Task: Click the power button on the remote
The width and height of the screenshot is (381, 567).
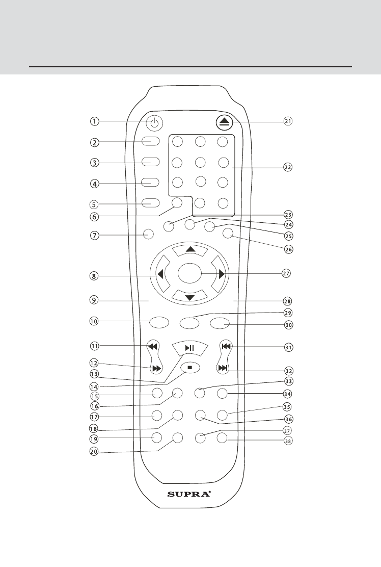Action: [x=155, y=122]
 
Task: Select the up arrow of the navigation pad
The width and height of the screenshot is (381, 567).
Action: [x=189, y=249]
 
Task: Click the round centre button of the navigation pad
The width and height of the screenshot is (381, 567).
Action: [x=190, y=274]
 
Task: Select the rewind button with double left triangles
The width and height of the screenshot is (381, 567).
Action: [x=152, y=346]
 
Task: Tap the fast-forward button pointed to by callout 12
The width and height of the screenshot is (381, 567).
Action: [x=156, y=368]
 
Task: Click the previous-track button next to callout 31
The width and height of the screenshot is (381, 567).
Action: [x=226, y=346]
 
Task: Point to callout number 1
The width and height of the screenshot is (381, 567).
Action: [x=95, y=121]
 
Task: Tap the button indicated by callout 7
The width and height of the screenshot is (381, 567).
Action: [x=148, y=235]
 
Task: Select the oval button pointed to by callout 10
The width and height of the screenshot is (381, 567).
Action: [x=158, y=322]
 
